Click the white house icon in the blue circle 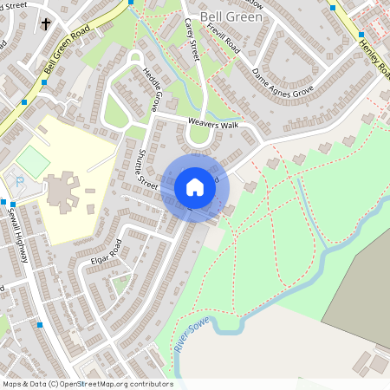click(x=195, y=187)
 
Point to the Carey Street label click(x=192, y=39)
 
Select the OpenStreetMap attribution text click(x=87, y=383)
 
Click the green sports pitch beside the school click(x=34, y=161)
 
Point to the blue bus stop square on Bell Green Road click(x=45, y=81)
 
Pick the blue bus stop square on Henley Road click(x=361, y=36)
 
